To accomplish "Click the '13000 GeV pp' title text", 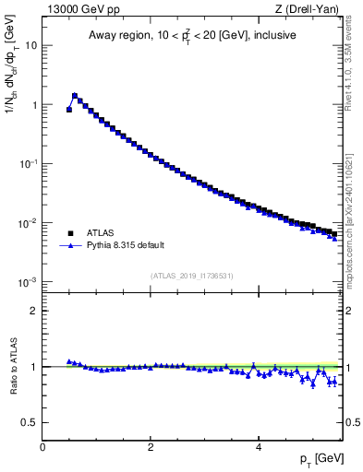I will pyautogui.click(x=81, y=8).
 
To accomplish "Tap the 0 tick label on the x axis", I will pyautogui.click(x=43, y=446).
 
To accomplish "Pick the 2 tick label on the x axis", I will pyautogui.click(x=151, y=446).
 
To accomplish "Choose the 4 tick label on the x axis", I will pyautogui.click(x=258, y=446).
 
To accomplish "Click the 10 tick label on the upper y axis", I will pyautogui.click(x=30, y=45).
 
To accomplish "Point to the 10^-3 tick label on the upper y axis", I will pyautogui.click(x=28, y=281).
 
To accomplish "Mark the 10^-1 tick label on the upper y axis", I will pyautogui.click(x=28, y=163).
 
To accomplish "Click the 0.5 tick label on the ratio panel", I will pyautogui.click(x=29, y=422).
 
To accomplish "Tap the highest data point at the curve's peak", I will pyautogui.click(x=75, y=95).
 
